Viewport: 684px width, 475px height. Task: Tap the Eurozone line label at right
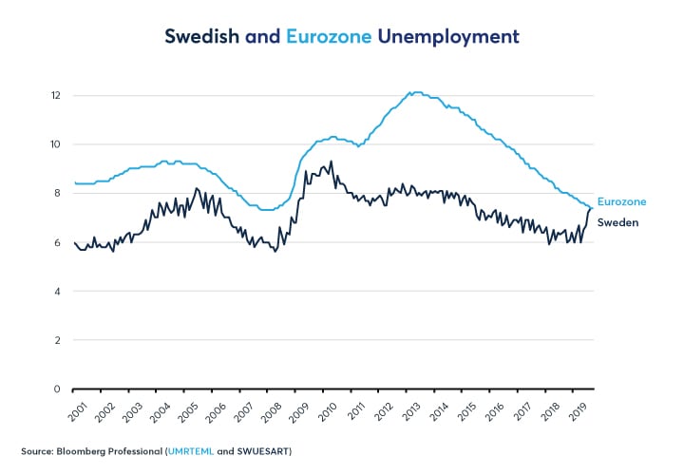coord(621,202)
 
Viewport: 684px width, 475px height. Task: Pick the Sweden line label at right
coord(617,222)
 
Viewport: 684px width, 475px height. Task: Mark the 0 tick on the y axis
coord(58,389)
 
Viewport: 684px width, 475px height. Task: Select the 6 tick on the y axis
coord(58,242)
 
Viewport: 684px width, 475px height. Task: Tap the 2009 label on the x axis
coord(298,409)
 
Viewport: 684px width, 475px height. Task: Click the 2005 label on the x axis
coord(188,409)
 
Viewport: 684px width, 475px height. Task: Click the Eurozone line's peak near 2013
coord(414,92)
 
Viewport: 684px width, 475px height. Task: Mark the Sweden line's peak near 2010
coord(331,161)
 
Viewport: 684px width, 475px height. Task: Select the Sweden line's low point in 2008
coord(275,251)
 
